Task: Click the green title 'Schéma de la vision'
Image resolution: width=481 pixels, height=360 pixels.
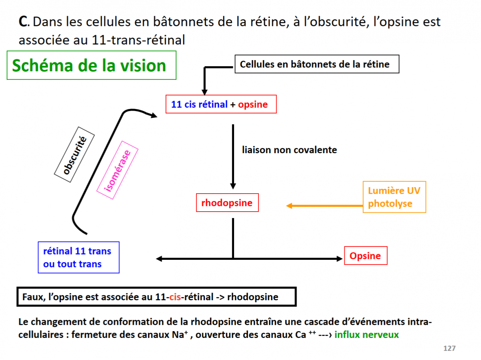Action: coord(89,65)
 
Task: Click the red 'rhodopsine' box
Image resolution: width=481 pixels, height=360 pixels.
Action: coord(227,203)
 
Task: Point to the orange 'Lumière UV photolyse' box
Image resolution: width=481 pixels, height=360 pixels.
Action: coord(394,197)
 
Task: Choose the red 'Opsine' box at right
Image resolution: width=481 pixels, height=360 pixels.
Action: coord(365,256)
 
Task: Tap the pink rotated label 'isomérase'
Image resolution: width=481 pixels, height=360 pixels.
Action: coord(117,170)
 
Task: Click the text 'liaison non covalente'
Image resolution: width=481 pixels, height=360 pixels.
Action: coord(289,150)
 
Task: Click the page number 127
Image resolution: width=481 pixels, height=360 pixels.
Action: coord(449,348)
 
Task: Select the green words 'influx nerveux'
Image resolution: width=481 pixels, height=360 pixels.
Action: coord(367,334)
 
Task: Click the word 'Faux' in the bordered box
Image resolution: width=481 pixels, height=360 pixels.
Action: coord(33,297)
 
